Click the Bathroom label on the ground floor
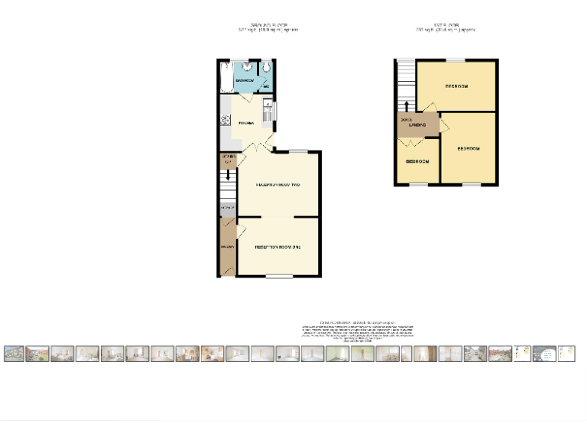[x=245, y=80]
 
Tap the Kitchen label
[x=245, y=123]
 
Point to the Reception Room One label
[x=277, y=247]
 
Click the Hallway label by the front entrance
[x=226, y=247]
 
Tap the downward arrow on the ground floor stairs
[x=227, y=175]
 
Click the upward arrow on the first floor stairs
[x=406, y=105]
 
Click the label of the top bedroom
[x=457, y=86]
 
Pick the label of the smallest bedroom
[x=417, y=162]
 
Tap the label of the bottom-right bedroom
[x=468, y=148]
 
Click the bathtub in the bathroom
[x=225, y=77]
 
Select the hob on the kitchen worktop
[x=224, y=120]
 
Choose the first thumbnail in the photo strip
[x=13, y=354]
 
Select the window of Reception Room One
[x=280, y=276]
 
